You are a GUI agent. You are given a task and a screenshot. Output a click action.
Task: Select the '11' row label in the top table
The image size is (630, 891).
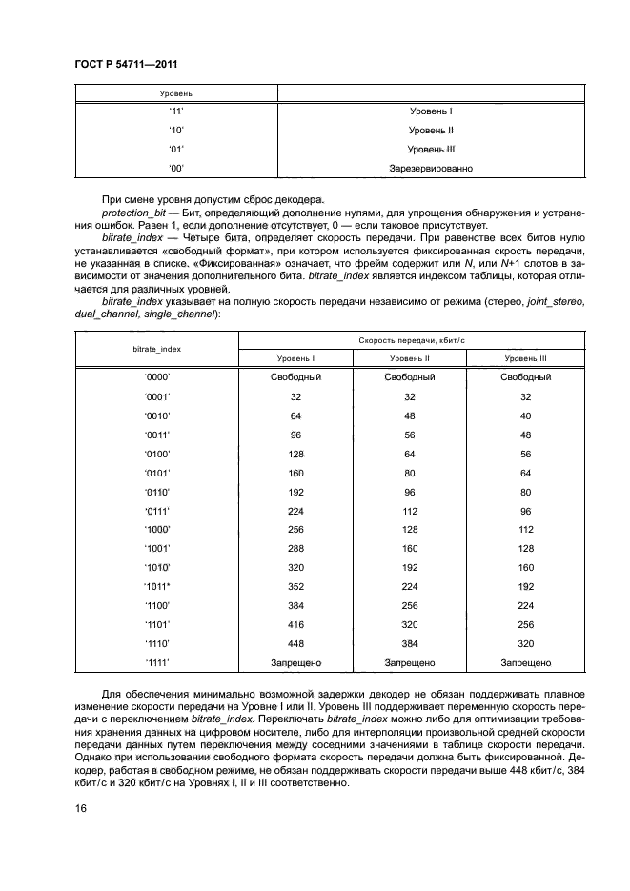[175, 111]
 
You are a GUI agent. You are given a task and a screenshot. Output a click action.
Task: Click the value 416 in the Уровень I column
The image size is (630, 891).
[295, 625]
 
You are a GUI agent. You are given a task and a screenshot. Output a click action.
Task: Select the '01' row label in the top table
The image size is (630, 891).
[175, 150]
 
